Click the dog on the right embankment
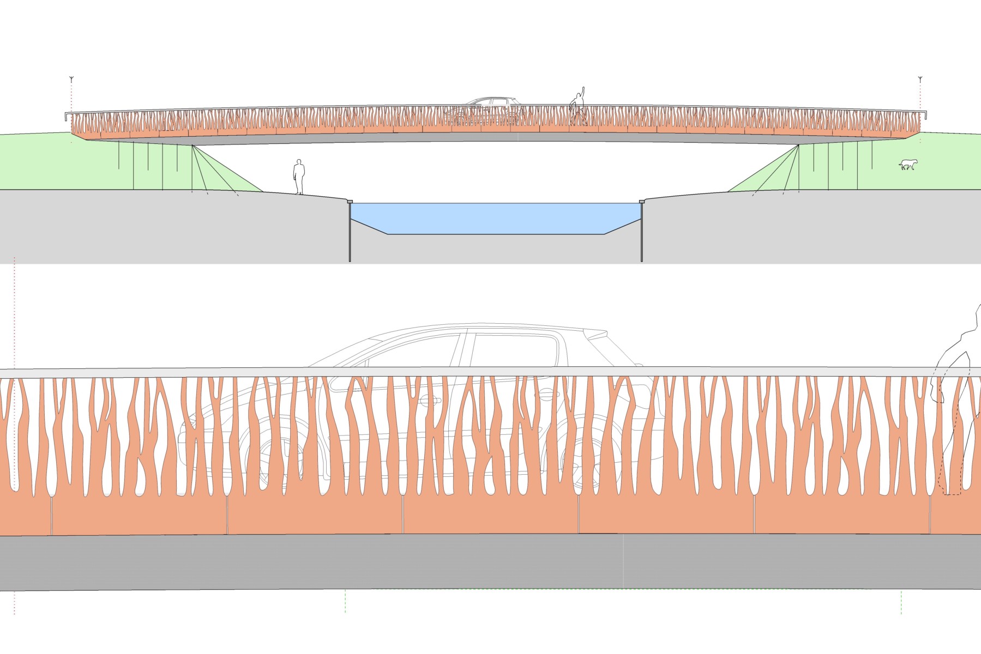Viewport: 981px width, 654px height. [909, 164]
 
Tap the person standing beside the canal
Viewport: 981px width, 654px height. [298, 177]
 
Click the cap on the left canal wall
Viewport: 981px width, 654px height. [350, 202]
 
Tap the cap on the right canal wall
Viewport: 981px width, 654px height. [642, 202]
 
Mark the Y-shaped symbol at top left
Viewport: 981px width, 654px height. [71, 79]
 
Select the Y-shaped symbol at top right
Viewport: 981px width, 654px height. [920, 79]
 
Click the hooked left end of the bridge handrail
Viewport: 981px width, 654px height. [65, 116]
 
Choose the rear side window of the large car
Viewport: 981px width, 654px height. [513, 349]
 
